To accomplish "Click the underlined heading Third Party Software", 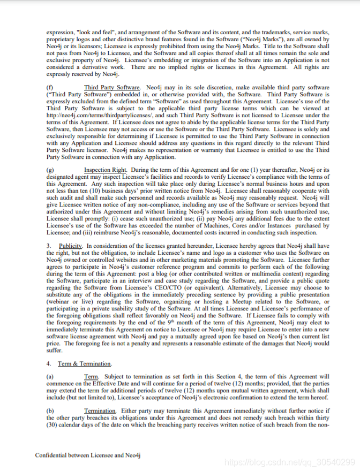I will point(112,87).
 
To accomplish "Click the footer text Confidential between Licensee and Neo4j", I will point(87,455).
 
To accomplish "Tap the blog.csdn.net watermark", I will point(289,462).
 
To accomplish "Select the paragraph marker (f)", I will point(50,87).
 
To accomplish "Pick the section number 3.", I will point(49,246).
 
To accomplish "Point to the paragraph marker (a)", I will point(50,377).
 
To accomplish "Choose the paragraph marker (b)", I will point(50,410).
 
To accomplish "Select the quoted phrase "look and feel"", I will point(96,33).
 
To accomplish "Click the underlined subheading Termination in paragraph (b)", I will point(100,410).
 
